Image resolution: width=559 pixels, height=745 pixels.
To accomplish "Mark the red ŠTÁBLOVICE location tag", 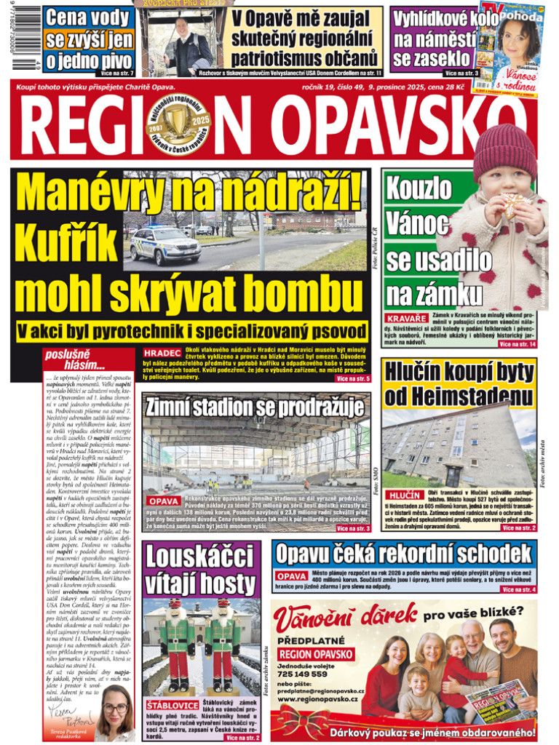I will point(170,705).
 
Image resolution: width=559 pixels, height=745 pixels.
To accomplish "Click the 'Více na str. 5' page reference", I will point(353,379).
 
